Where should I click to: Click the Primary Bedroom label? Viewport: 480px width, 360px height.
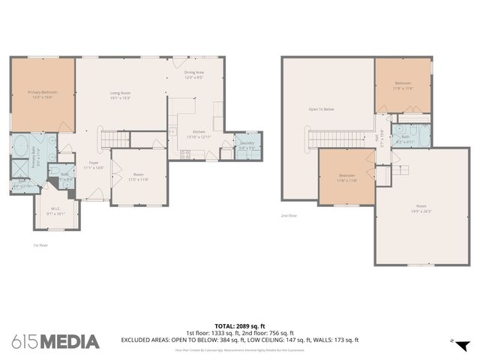43,94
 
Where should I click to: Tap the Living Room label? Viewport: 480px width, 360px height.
121,94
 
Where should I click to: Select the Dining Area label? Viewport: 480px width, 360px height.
194,75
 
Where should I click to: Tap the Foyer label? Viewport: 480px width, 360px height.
94,164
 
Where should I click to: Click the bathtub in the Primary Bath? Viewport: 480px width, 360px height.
20,145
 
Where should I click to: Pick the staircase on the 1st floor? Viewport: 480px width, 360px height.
114,139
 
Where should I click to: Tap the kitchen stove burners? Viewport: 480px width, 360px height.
185,155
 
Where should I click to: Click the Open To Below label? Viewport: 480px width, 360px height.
321,109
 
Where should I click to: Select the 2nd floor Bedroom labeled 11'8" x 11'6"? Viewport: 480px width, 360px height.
403,85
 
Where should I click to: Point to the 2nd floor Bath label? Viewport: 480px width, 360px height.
405,139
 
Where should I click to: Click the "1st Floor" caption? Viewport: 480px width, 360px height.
40,245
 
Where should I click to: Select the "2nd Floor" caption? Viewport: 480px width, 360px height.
289,215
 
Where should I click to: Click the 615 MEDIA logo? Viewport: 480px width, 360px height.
55,342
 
